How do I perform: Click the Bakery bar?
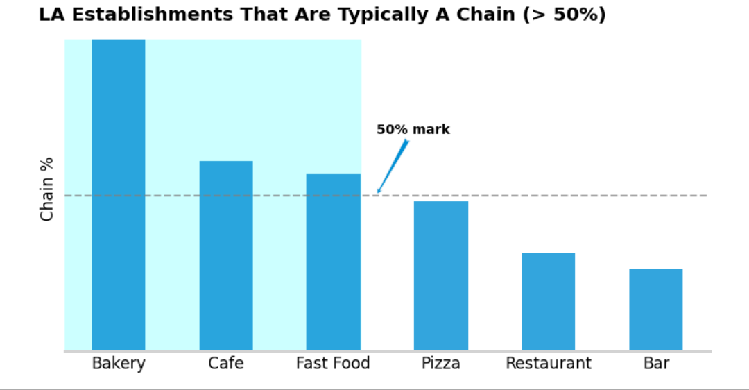coord(119,195)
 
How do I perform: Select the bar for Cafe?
coord(226,255)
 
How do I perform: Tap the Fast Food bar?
coord(334,262)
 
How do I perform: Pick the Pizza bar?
coord(441,275)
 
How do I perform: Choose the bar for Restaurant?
coord(549,302)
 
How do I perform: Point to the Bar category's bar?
coord(656,310)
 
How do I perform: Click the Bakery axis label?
coord(119,364)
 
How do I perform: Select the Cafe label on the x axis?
coord(226,363)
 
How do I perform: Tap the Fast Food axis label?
coord(333,363)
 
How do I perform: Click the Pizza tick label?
coord(441,363)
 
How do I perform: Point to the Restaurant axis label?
coord(549,363)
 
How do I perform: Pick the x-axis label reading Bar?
coord(656,363)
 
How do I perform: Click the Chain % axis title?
coord(47,189)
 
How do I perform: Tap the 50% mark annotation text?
coord(413,130)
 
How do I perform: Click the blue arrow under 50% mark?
coord(393,167)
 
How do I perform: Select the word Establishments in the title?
coord(153,15)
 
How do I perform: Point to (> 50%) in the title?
coord(564,15)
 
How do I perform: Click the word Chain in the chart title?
coord(486,15)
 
